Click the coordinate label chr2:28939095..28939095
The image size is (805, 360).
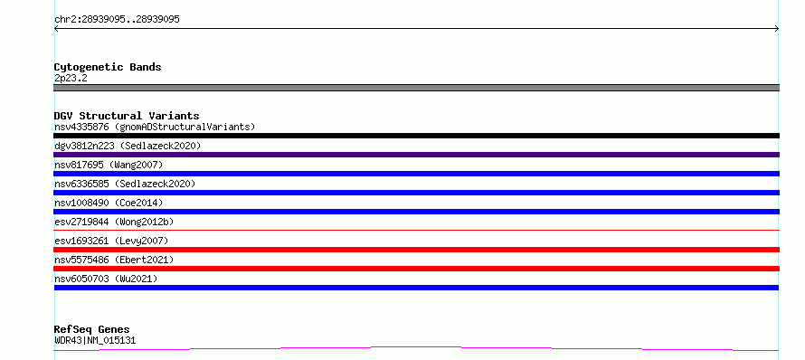tap(117, 20)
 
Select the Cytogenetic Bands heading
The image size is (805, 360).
tap(108, 67)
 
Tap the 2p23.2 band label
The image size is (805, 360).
tap(71, 78)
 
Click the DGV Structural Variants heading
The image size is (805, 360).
tap(127, 116)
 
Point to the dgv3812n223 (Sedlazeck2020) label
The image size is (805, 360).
tap(128, 146)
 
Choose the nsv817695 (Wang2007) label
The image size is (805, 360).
tap(109, 165)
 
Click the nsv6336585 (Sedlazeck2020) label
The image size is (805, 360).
tap(125, 184)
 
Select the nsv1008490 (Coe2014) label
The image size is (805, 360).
tap(109, 203)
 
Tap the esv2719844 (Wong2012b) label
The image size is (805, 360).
tap(114, 222)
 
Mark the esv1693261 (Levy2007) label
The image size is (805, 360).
tap(111, 241)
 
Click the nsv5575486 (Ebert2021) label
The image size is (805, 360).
tap(114, 260)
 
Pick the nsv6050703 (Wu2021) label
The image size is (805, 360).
tap(106, 279)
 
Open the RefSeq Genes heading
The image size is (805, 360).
tap(92, 329)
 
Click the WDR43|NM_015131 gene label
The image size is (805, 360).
tap(95, 340)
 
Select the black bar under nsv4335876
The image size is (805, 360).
tap(416, 136)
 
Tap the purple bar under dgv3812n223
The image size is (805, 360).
tap(416, 155)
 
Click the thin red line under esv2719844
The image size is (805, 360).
tap(416, 230)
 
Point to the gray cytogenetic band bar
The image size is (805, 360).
tap(416, 88)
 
